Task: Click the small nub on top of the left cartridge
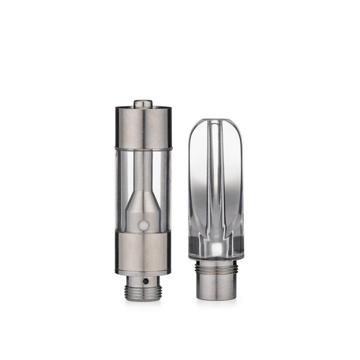point(143,103)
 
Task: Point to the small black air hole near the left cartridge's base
point(145,281)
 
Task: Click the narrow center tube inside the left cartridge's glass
point(143,169)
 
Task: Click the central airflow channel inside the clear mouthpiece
point(216,187)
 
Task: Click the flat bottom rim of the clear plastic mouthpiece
point(216,257)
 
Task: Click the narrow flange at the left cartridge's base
point(143,273)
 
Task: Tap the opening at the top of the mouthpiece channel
point(216,122)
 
